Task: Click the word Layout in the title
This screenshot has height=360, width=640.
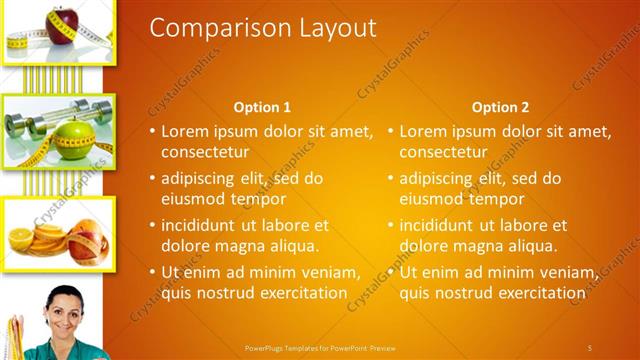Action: (334, 28)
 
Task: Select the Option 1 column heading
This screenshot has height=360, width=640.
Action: (262, 107)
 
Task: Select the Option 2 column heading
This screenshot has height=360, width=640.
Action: (500, 107)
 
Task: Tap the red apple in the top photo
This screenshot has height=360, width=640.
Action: (63, 19)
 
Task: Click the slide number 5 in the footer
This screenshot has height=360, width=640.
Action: (589, 347)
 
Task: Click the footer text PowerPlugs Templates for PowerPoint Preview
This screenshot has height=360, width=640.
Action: (320, 347)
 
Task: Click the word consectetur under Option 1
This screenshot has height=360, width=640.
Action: (205, 153)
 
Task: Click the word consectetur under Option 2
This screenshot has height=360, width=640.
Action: (443, 153)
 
